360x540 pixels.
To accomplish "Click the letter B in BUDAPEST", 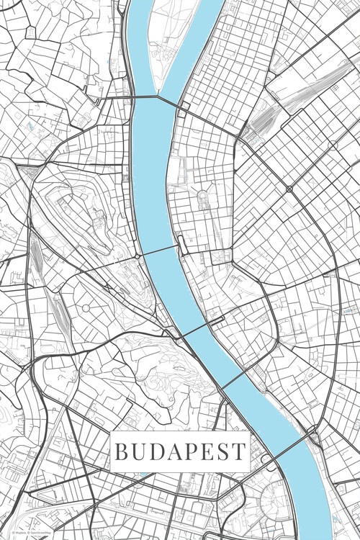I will [x=122, y=452].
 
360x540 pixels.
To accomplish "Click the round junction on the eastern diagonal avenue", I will [x=289, y=189].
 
